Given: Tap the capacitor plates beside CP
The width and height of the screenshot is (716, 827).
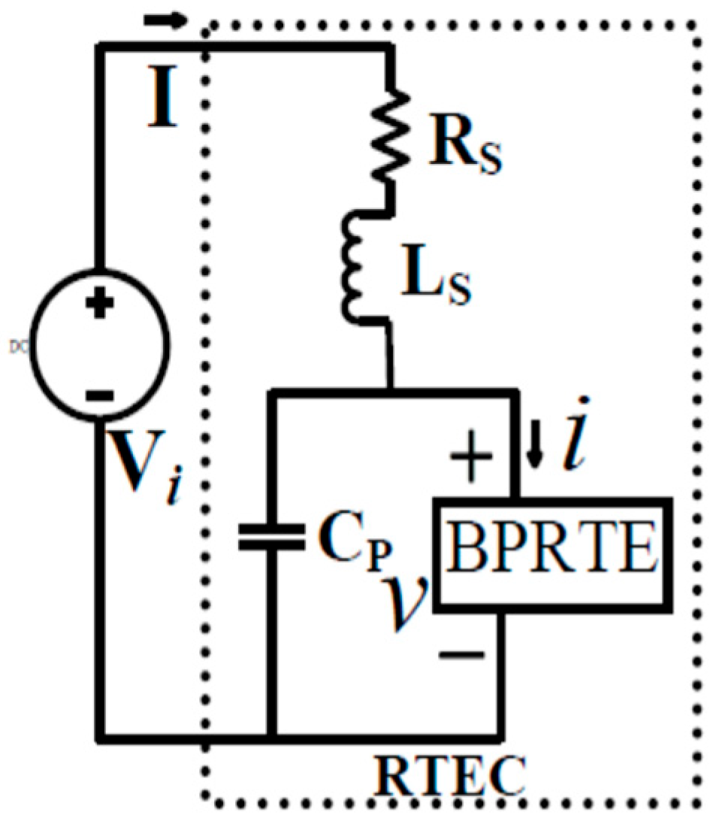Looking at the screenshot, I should [271, 537].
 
